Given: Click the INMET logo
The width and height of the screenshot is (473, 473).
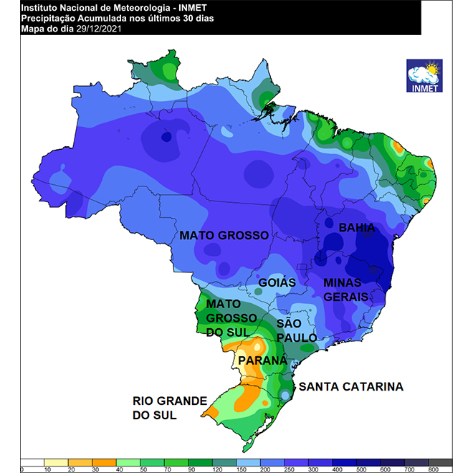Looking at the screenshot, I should coord(424,75).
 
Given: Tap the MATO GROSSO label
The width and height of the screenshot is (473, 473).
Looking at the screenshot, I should coord(224,235).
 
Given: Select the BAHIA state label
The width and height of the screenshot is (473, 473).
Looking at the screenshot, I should coord(357,228).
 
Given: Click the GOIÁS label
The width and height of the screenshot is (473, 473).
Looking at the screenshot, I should coord(277,282).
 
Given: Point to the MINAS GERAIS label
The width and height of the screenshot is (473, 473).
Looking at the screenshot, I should coord(345,289).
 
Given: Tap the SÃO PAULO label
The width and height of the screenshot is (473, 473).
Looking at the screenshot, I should coord(294,331).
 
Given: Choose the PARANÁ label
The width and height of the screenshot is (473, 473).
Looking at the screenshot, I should coord(262,360).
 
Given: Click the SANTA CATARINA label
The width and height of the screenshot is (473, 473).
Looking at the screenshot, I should coord(351,387).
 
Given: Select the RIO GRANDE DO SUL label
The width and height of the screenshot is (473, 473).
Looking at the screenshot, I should coord(169,407).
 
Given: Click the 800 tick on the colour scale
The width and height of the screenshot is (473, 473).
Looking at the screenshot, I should coord(433,469).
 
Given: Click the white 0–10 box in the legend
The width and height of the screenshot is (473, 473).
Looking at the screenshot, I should coord(33,462).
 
